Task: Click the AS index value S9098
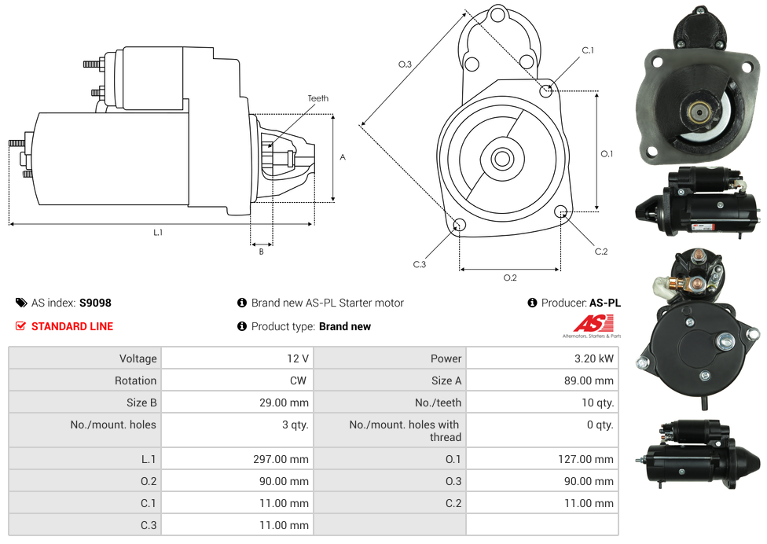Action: (x=95, y=303)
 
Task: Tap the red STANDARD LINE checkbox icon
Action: (x=20, y=325)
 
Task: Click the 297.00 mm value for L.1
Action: (x=281, y=459)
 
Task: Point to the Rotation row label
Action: (x=135, y=380)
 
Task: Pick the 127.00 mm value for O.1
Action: (x=585, y=459)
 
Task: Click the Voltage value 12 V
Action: (x=298, y=358)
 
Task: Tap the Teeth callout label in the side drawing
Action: (x=318, y=98)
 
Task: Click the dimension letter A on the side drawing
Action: (x=343, y=157)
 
